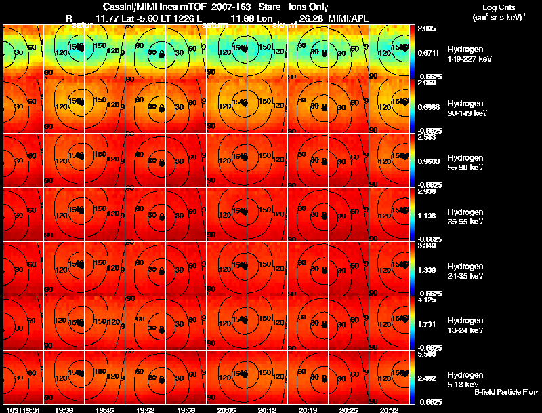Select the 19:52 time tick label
point(146,410)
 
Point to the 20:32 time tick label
point(389,410)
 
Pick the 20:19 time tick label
point(308,410)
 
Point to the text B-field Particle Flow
point(505,392)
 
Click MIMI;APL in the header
point(350,18)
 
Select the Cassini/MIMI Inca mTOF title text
point(150,6)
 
